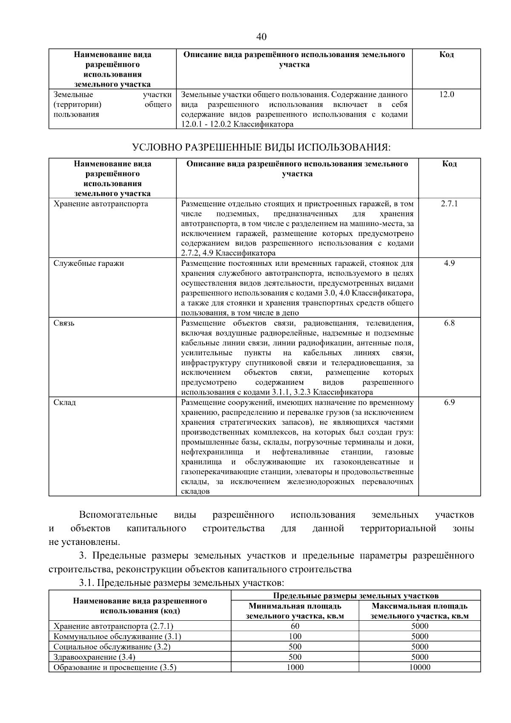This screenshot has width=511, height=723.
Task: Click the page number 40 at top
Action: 261,37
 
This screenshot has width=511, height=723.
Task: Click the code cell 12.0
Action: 446,94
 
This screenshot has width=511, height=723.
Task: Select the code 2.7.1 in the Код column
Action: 449,204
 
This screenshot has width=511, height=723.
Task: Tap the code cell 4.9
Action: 449,263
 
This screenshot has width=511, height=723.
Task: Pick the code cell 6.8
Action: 449,323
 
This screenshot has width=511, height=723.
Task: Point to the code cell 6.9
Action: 449,402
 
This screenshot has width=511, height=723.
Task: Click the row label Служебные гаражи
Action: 89,263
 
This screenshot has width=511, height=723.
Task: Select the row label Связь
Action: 64,323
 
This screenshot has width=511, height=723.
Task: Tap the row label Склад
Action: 65,402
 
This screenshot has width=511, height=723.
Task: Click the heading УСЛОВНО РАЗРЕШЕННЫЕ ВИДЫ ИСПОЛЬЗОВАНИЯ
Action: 261,147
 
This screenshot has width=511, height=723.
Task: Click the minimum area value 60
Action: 295,626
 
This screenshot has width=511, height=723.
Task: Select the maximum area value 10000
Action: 419,667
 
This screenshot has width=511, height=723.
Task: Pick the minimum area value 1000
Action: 295,667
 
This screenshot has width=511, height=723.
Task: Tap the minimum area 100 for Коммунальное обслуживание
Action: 295,636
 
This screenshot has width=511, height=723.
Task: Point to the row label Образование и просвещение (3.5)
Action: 115,667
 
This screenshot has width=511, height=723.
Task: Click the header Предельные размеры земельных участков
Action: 356,595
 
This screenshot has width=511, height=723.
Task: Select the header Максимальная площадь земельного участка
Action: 419,611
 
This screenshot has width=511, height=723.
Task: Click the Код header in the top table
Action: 446,55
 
